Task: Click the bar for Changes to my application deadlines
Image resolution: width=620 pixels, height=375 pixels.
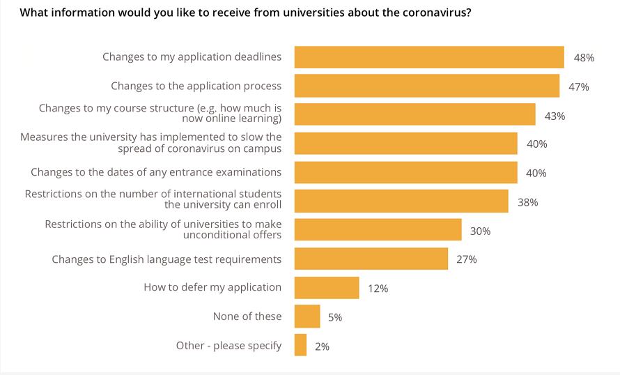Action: point(429,57)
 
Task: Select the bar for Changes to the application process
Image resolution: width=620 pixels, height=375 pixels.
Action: point(427,86)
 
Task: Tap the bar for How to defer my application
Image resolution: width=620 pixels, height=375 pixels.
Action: point(327,287)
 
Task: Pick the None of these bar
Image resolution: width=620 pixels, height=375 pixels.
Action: point(307,316)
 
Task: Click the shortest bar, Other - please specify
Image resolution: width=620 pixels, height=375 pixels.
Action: point(300,345)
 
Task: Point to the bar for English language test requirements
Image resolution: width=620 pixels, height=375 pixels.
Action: point(371,259)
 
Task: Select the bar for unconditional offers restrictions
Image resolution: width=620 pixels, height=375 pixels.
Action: point(378,230)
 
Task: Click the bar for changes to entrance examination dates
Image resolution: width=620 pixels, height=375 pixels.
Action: point(406,172)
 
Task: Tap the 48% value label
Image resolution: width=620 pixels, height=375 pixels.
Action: point(584,58)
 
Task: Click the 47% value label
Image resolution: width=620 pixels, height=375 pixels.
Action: point(579,87)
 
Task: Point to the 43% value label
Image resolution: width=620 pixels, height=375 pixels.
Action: point(555,116)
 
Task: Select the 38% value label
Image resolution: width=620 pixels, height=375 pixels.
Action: point(527,202)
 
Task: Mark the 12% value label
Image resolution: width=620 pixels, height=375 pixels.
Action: point(378,289)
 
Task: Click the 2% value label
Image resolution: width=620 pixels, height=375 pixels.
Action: point(322,346)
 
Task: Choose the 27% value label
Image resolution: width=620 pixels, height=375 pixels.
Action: point(466,259)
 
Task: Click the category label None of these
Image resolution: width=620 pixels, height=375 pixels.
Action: point(247,316)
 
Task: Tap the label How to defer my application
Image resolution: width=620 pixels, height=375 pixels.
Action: point(212,287)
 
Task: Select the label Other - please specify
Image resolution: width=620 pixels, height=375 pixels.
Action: point(229,345)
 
